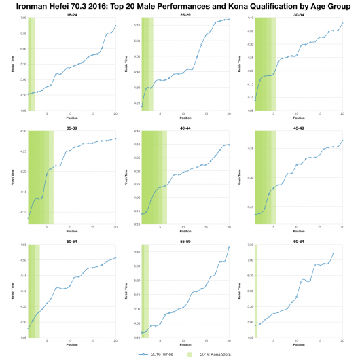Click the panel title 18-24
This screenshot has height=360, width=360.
tap(71, 13)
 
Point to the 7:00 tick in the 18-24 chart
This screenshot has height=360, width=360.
tap(22, 18)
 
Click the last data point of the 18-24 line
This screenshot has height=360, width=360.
tap(115, 26)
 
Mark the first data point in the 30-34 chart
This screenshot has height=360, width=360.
tap(255, 101)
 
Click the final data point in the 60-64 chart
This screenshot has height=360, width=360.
tap(334, 253)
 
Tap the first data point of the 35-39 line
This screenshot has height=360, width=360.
tap(29, 219)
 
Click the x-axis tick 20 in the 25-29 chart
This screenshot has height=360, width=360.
tap(229, 114)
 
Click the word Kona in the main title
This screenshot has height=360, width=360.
tap(234, 5)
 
